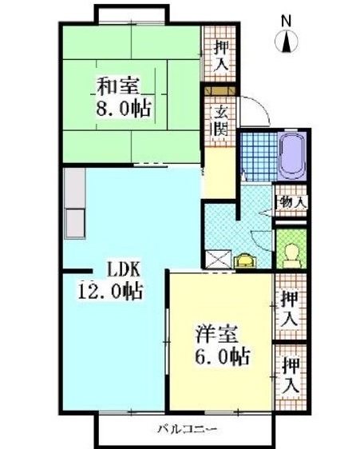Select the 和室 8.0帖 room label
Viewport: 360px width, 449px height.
(125, 96)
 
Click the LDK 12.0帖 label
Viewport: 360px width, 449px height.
(110, 280)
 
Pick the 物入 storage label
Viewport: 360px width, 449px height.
(291, 201)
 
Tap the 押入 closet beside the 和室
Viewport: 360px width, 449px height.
(220, 53)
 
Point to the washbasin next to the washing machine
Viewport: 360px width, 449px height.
(243, 259)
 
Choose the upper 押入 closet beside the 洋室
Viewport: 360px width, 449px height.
(290, 308)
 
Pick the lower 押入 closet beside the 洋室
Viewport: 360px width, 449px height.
(290, 374)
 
